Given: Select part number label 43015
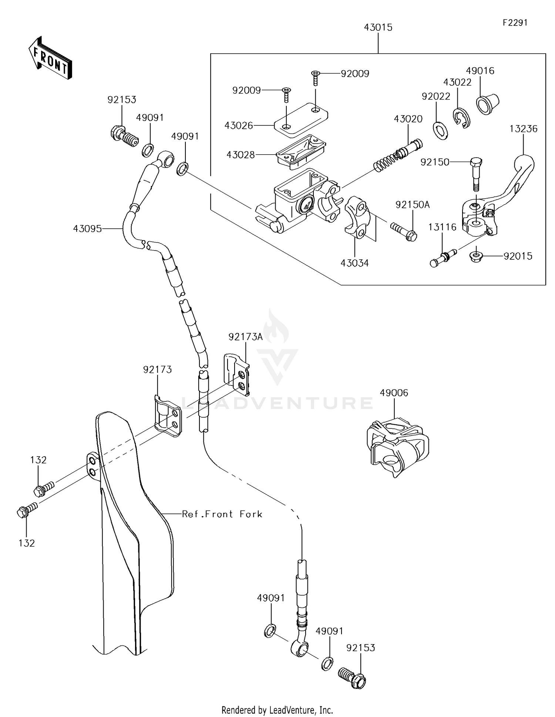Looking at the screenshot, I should (x=378, y=27).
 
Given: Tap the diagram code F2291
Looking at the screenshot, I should (x=515, y=23).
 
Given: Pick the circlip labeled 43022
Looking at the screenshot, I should (x=461, y=119).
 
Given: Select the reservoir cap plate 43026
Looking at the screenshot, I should (x=301, y=117).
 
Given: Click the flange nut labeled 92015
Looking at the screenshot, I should (x=476, y=256).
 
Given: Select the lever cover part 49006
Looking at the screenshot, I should (x=398, y=446).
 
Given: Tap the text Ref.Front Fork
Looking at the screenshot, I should (x=222, y=514).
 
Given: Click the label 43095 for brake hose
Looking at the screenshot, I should (x=87, y=229).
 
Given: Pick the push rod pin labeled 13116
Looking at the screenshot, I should (x=443, y=257).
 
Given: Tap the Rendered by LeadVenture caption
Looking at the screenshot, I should (x=277, y=710).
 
